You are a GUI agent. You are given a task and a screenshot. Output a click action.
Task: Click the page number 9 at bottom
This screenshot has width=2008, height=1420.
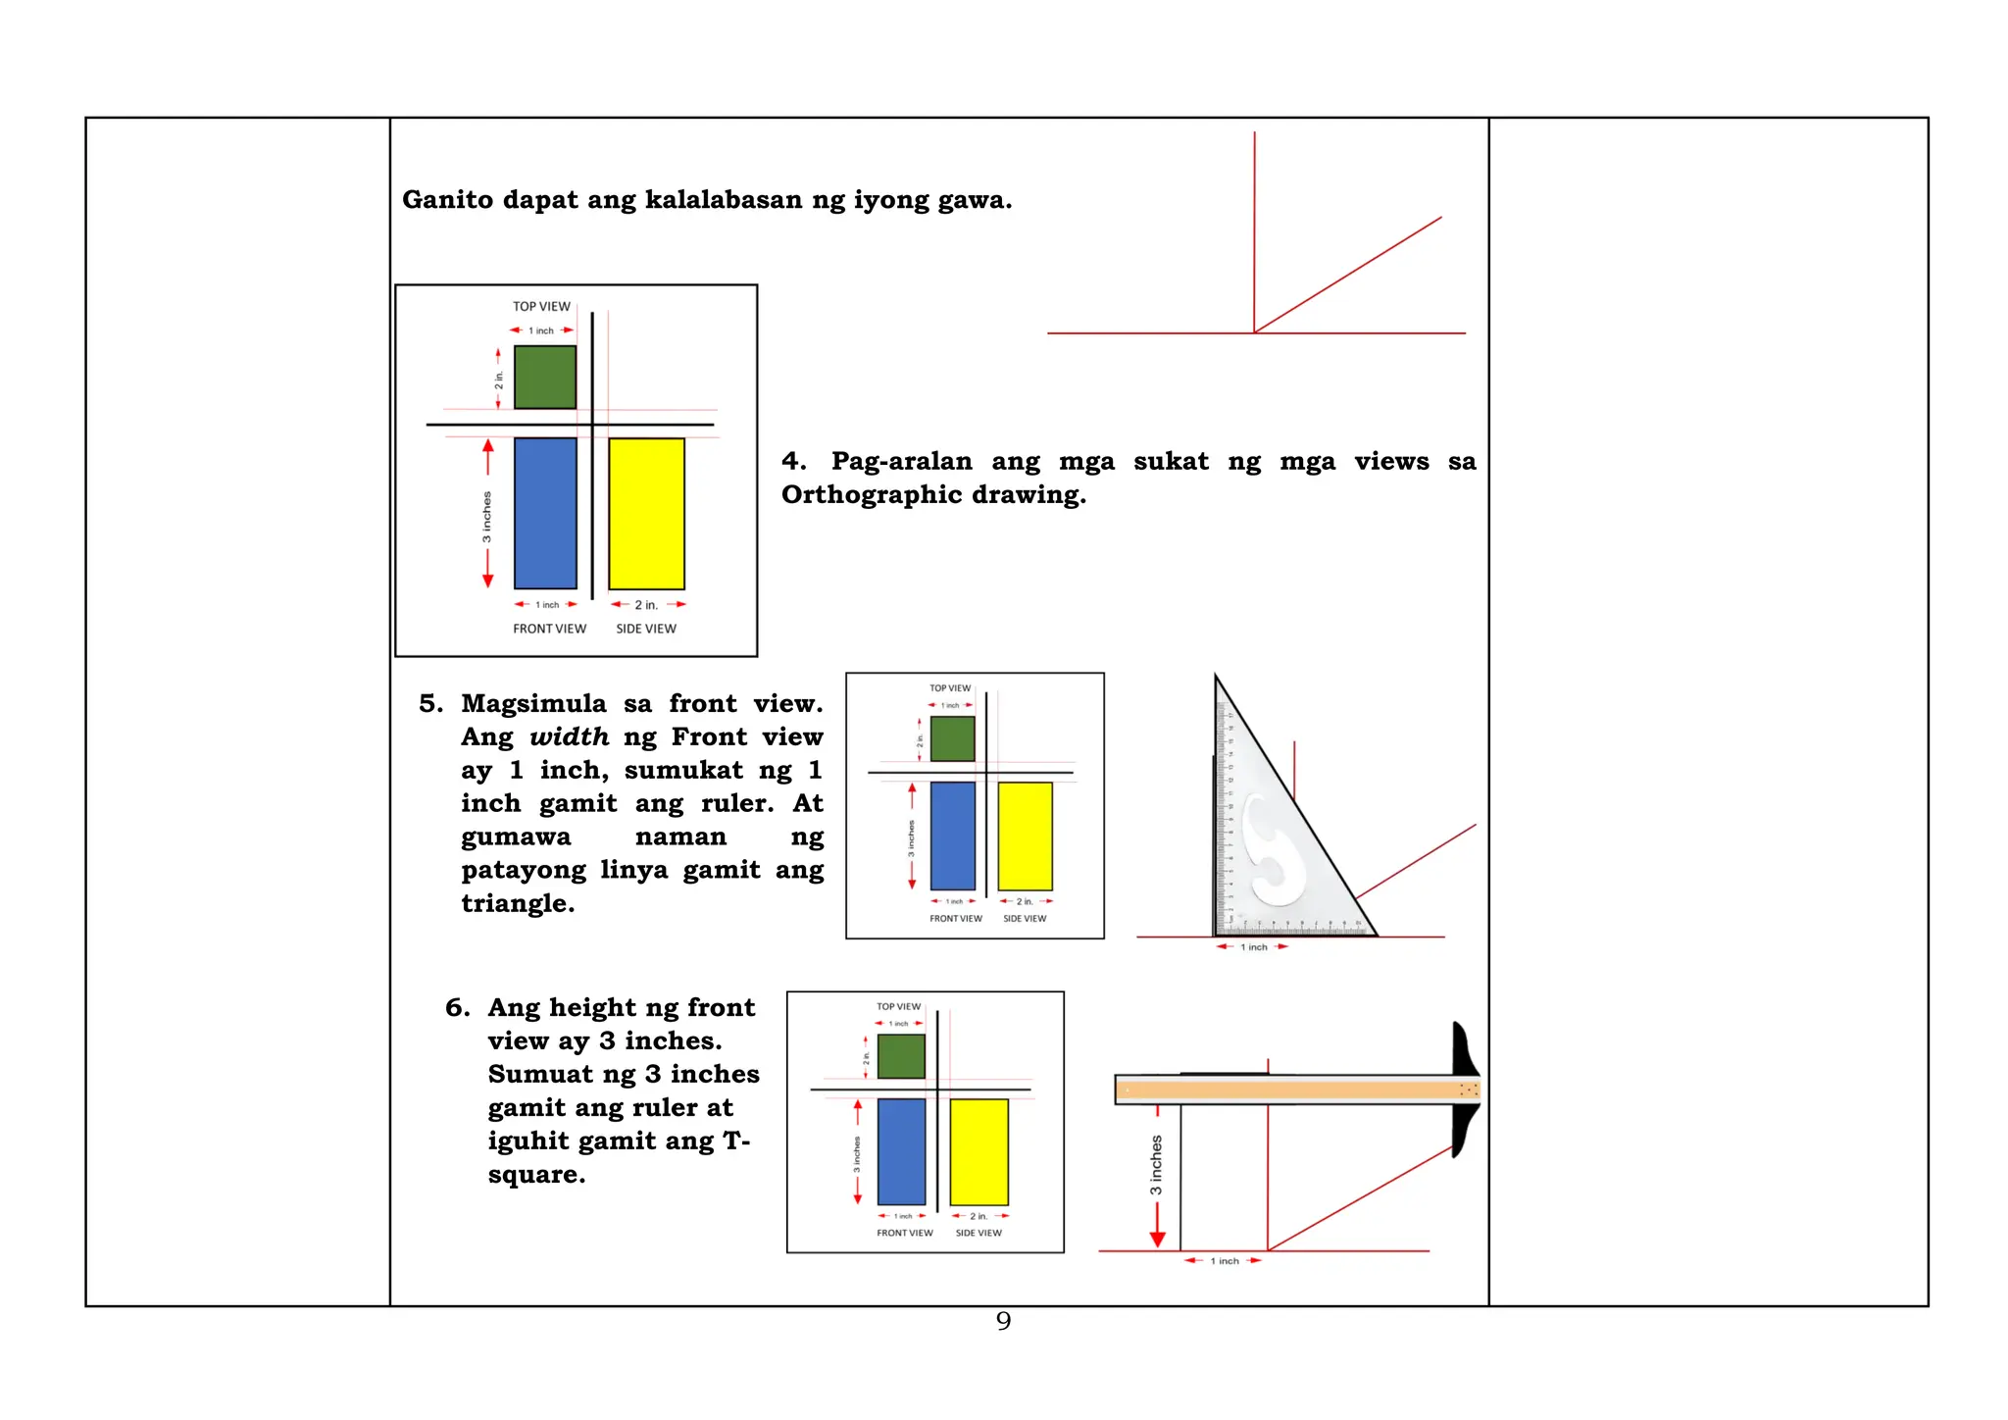(1003, 1321)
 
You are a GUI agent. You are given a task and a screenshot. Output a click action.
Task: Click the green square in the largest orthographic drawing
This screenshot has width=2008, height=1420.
(545, 377)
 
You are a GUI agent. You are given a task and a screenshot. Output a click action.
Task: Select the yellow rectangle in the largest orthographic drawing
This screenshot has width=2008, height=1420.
(646, 513)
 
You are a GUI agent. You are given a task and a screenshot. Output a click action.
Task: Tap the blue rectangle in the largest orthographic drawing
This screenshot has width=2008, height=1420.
(545, 513)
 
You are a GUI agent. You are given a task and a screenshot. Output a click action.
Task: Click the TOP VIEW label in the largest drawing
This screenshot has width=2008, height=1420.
(541, 306)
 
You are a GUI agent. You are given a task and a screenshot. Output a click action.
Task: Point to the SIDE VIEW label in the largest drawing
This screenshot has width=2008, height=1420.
(646, 629)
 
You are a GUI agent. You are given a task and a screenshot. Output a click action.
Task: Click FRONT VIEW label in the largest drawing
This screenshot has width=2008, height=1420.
(549, 629)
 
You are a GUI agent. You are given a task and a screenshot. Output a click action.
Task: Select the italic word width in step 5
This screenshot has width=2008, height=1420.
(569, 737)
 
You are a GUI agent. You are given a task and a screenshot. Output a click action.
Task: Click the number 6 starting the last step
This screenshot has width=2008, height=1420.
(456, 1008)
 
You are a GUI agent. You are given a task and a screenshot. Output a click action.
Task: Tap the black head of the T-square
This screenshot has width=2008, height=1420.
(1464, 1089)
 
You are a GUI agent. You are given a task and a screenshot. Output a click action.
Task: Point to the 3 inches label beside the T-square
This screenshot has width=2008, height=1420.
(1156, 1165)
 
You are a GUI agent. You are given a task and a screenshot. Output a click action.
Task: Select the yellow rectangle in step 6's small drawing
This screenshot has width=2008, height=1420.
(979, 1151)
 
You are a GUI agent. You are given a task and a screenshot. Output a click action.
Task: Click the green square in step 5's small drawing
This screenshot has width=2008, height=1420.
(952, 738)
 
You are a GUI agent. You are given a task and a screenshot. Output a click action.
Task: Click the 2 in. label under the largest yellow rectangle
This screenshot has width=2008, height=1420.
(646, 605)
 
